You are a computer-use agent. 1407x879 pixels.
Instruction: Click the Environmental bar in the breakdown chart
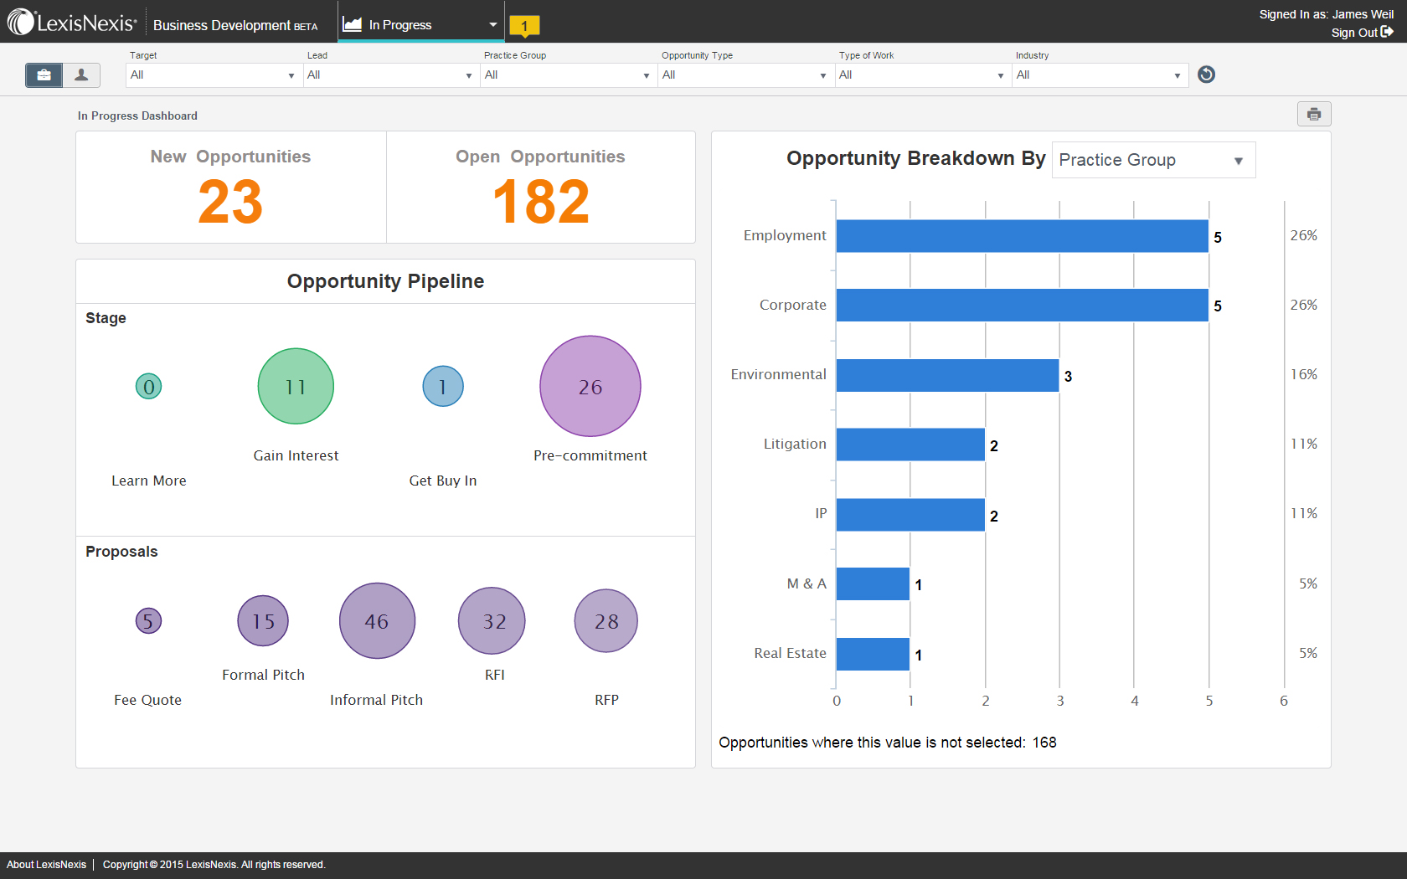coord(947,375)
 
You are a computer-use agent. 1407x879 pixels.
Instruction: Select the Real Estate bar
coord(873,654)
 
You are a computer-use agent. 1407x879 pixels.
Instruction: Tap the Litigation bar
coord(910,445)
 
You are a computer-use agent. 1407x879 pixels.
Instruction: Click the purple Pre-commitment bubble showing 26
coord(590,386)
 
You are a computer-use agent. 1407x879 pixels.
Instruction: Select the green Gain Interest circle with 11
coord(296,386)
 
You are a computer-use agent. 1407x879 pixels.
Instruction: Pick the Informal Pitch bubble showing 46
coord(377,620)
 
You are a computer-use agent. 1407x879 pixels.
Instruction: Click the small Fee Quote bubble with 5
coord(148,620)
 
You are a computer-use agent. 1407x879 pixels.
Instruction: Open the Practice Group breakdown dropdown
coord(1153,160)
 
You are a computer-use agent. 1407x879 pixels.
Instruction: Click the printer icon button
coord(1313,114)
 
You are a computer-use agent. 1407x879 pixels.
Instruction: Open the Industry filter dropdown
coord(1100,75)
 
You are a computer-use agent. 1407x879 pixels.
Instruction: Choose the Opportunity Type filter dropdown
coord(745,75)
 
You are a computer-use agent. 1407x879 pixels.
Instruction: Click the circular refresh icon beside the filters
coord(1206,75)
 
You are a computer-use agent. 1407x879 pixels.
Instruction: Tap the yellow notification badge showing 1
coord(524,26)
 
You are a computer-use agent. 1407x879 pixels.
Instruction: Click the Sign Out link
coord(1361,33)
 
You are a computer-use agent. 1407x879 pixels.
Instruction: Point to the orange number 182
coord(541,202)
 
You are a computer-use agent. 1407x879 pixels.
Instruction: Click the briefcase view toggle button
coord(44,75)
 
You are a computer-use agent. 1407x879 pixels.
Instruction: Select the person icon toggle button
coord(81,75)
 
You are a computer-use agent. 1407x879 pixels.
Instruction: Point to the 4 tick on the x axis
coord(1134,701)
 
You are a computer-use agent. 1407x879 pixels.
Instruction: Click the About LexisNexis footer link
coord(46,865)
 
